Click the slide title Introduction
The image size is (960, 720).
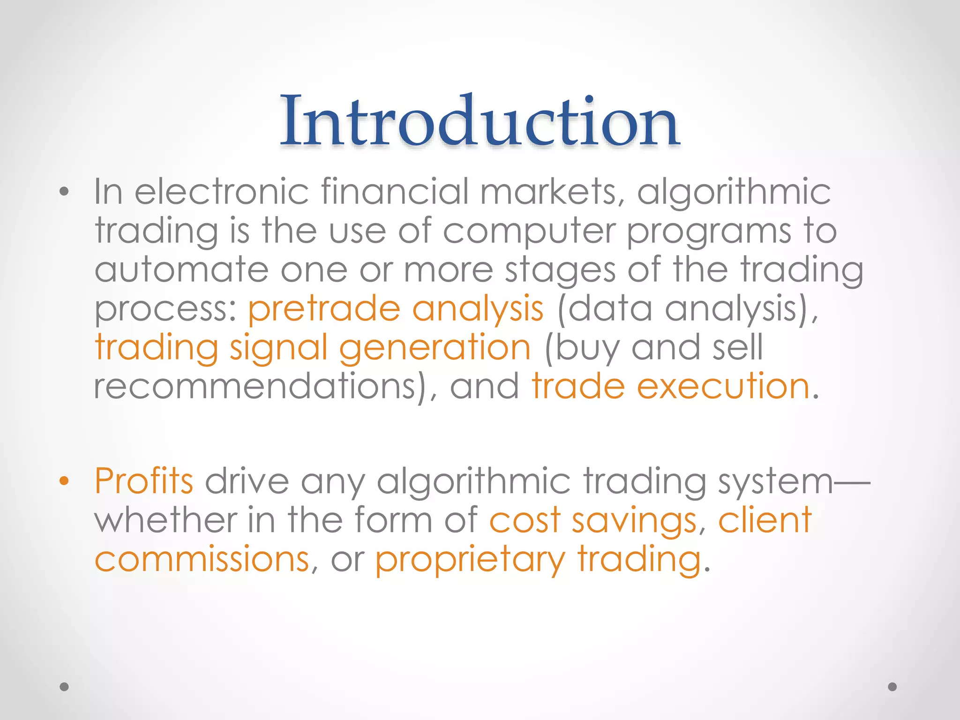pyautogui.click(x=480, y=120)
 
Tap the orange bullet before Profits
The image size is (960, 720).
pyautogui.click(x=64, y=481)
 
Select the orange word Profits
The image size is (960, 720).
pyautogui.click(x=144, y=481)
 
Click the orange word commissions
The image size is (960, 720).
pyautogui.click(x=202, y=560)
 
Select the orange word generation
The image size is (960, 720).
pyautogui.click(x=435, y=348)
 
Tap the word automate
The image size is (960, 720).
pyautogui.click(x=181, y=270)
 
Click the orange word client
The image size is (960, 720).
pyautogui.click(x=765, y=520)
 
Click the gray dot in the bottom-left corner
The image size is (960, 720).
pyautogui.click(x=64, y=687)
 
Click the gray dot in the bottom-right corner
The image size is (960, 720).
pyautogui.click(x=892, y=687)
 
